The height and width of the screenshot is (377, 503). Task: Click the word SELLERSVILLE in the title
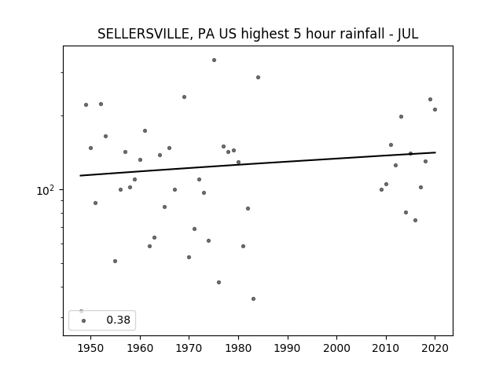point(143,34)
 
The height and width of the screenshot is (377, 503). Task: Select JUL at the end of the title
point(408,34)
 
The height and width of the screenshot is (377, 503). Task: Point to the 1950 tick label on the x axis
point(91,348)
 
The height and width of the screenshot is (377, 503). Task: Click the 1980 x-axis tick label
point(238,348)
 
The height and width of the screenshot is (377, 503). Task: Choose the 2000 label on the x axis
point(337,348)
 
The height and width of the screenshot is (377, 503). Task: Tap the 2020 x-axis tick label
point(435,348)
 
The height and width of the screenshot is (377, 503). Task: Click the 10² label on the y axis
point(46,190)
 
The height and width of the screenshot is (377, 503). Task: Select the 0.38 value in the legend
point(119,320)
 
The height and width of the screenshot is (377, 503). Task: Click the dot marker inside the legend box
point(84,320)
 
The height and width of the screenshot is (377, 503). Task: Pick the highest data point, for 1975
point(214,60)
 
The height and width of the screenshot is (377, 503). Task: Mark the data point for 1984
point(258,77)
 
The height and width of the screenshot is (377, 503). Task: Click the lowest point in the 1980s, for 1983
point(253,298)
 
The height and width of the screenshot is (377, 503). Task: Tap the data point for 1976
point(218,283)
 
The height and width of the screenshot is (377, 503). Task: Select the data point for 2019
point(430,100)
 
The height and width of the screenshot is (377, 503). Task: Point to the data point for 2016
point(416,220)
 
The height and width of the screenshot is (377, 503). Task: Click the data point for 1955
point(116,262)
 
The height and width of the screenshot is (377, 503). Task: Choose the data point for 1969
point(184,97)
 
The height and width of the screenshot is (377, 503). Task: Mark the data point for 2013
point(401,117)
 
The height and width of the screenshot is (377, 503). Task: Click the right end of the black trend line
point(435,152)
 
